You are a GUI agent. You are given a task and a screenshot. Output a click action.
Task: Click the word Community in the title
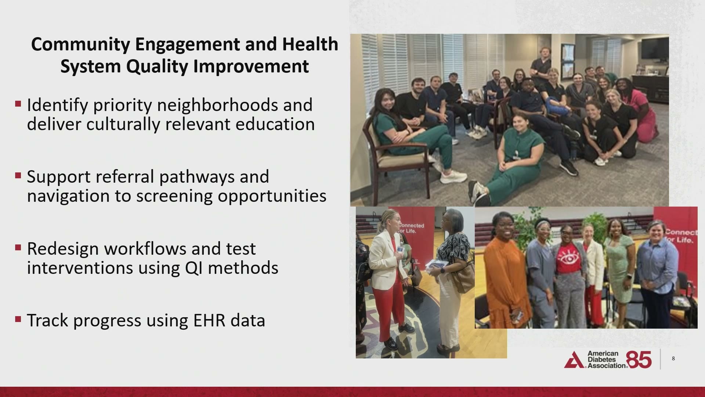(80, 44)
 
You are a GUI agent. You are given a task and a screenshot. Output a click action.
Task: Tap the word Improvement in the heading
(251, 67)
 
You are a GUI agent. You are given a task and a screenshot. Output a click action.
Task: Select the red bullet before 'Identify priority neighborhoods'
(18, 104)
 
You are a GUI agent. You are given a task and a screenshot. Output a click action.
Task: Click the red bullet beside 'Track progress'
(18, 319)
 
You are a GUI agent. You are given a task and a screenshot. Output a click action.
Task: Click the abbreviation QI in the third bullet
(194, 268)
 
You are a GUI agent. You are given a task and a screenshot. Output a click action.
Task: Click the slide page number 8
(673, 358)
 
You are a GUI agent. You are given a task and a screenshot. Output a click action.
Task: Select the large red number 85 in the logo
(639, 360)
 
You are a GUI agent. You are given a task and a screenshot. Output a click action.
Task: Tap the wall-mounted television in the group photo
(654, 48)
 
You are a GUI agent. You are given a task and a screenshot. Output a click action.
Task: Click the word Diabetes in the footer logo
(603, 360)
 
